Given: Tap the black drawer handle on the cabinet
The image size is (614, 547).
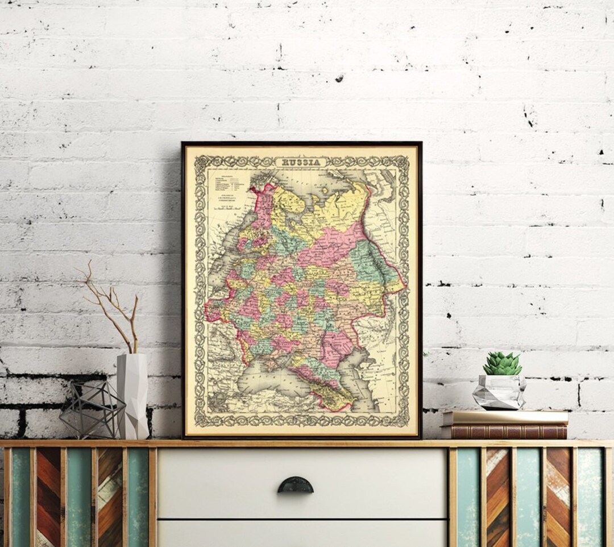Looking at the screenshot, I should coord(295,486).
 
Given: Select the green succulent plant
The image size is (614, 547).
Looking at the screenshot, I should coord(502,363).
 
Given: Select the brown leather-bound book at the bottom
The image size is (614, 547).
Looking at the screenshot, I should coord(504,432).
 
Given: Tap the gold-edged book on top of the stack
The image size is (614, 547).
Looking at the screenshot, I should coord(505,417).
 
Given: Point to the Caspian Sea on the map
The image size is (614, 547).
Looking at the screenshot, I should coord(364,364).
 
